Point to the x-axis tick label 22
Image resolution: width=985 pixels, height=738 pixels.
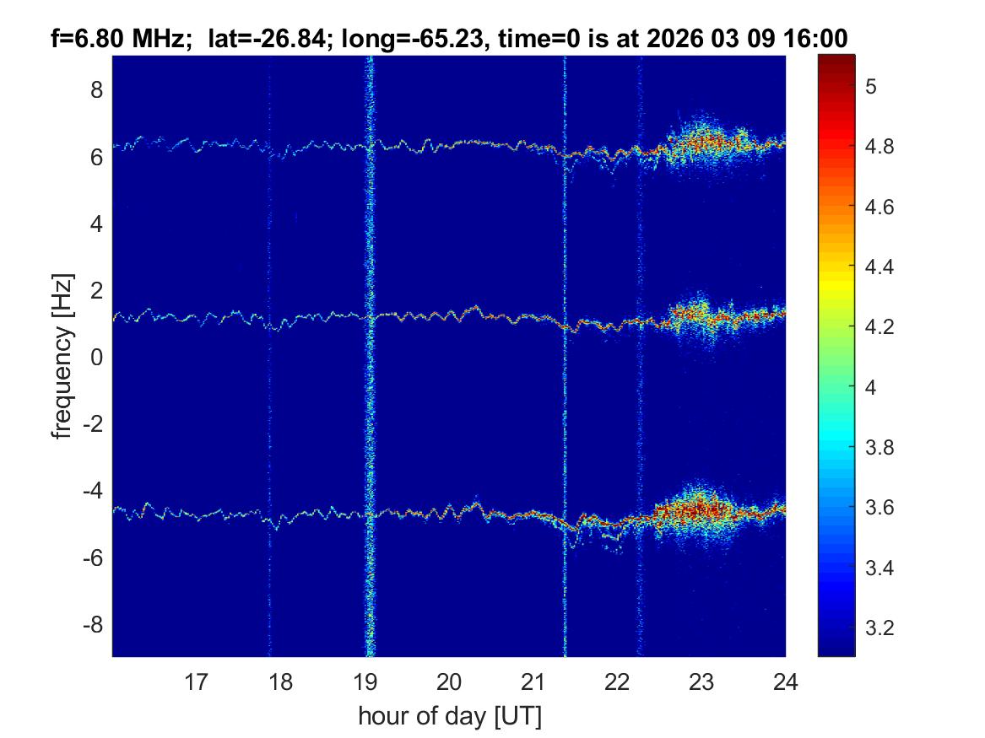point(617,681)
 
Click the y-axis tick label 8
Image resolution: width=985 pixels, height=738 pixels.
point(96,90)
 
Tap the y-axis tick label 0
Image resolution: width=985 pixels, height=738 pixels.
point(96,358)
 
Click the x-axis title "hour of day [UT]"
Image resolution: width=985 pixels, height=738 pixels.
point(449,716)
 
